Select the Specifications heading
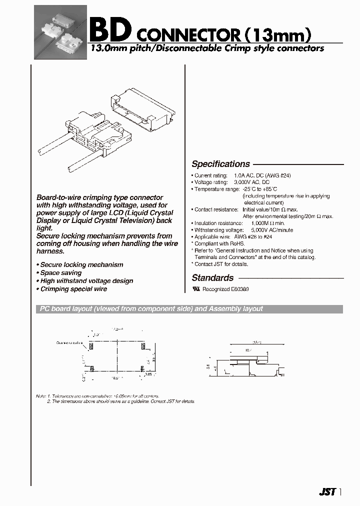click(220, 164)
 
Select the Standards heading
click(212, 278)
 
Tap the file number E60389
click(239, 289)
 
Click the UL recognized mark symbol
click(196, 289)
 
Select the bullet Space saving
click(60, 273)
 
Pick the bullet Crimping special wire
click(73, 289)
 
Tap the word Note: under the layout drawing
click(40, 396)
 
